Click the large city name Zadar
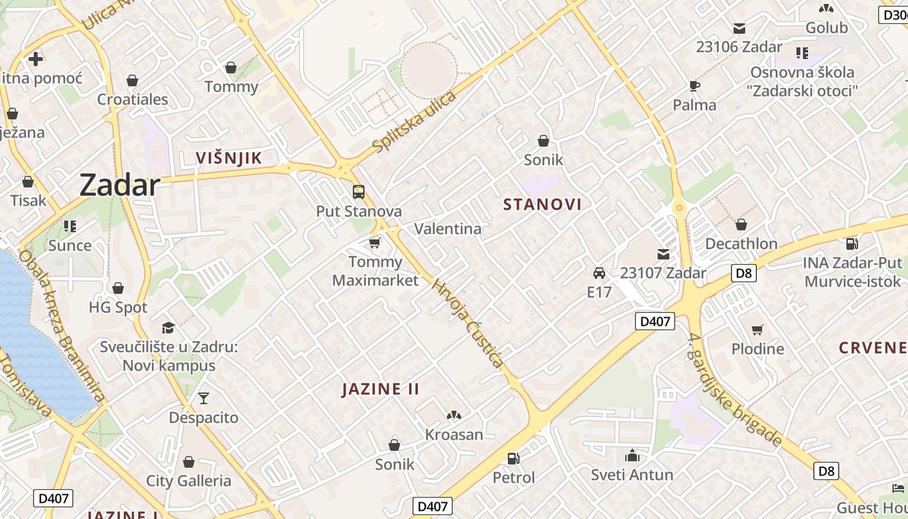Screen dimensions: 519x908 click(119, 186)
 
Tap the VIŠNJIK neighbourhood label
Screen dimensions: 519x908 click(229, 158)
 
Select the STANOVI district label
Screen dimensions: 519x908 click(542, 204)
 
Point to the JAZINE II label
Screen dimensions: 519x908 click(381, 389)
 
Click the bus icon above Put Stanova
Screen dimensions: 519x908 click(358, 192)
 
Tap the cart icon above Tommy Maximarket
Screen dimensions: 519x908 click(374, 243)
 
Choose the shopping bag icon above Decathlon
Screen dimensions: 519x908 click(741, 224)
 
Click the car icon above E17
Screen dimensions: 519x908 click(599, 273)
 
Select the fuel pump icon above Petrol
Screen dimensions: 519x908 click(513, 459)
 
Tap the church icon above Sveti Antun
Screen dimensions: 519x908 click(632, 455)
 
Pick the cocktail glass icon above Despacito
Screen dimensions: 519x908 click(204, 398)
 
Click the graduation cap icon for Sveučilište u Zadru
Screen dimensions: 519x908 click(169, 327)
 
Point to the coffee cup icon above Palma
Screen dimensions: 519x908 click(695, 86)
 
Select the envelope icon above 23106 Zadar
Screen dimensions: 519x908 click(739, 28)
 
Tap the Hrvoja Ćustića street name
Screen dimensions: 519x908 click(468, 324)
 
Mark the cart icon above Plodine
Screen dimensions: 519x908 click(758, 330)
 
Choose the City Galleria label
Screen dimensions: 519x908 click(189, 481)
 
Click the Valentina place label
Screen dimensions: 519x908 click(448, 229)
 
